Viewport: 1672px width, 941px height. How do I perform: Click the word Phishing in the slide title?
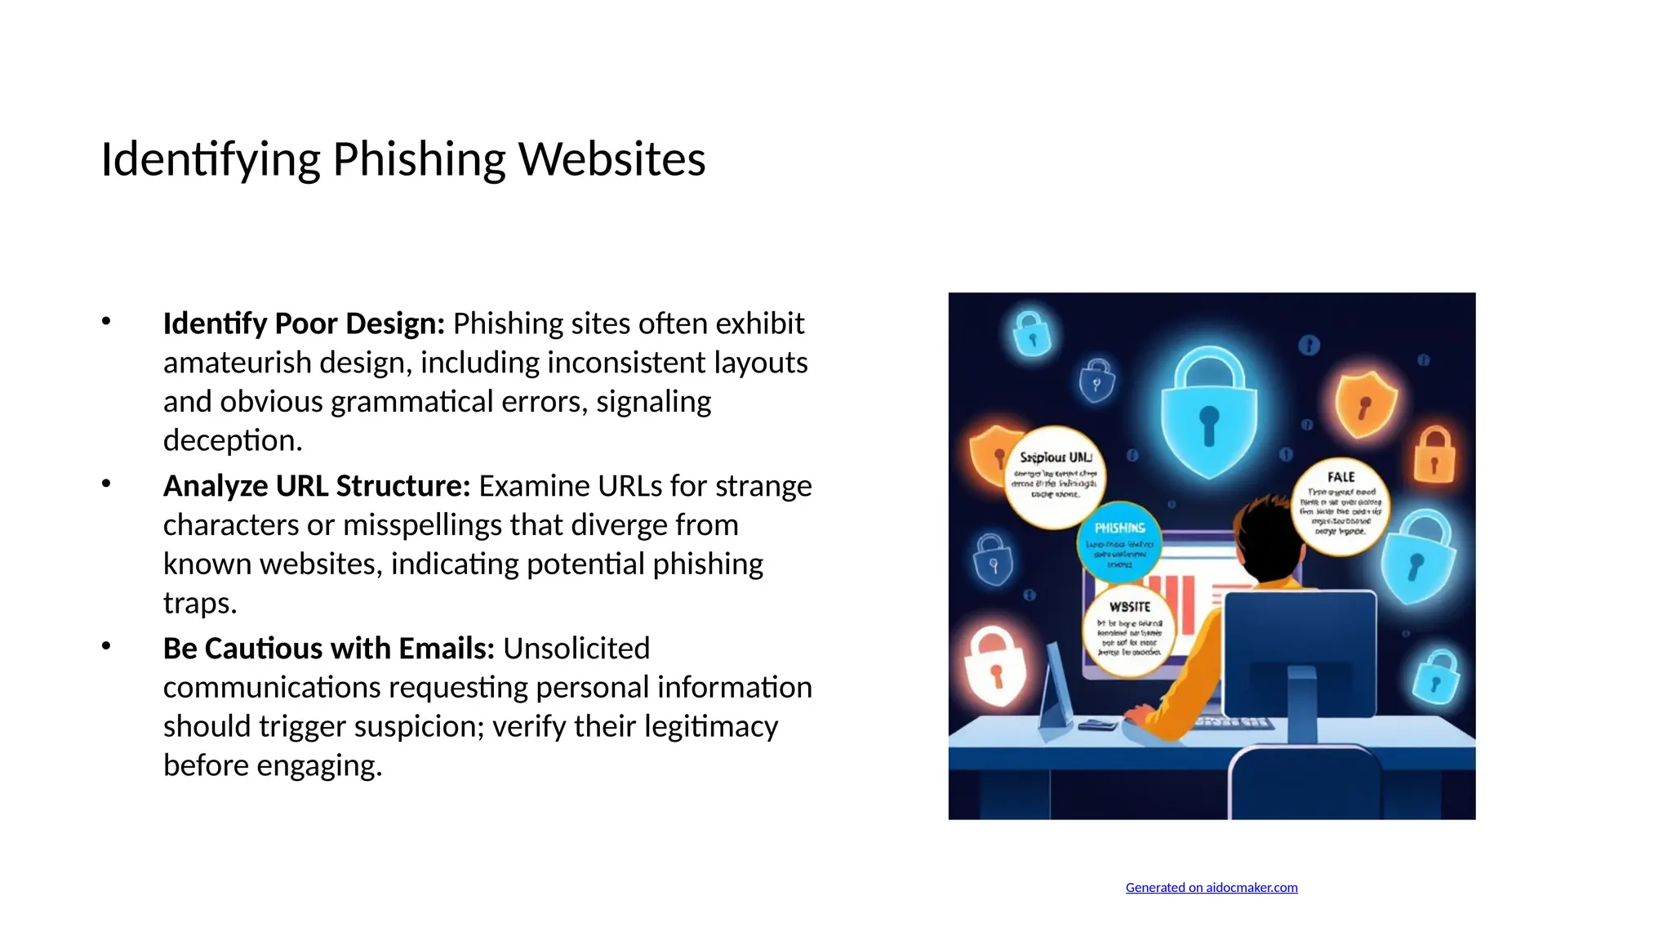[419, 159]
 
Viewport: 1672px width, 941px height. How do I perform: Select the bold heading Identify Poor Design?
[304, 324]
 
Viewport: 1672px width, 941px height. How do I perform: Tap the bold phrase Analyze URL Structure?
[317, 486]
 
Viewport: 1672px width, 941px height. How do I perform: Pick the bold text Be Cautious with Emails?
[329, 649]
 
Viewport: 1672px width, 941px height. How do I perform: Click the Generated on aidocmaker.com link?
[1211, 888]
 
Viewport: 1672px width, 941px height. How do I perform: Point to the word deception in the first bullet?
[233, 441]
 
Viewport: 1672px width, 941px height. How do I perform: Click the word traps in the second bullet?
[199, 604]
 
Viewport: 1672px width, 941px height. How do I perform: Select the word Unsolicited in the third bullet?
[576, 649]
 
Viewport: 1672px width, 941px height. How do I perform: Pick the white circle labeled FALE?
[1341, 506]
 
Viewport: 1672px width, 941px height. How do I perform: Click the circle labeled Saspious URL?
[1055, 477]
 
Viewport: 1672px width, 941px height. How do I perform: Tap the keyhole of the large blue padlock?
[1209, 425]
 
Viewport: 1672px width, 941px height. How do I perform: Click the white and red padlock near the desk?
[995, 666]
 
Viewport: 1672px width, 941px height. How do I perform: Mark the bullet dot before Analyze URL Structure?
[106, 484]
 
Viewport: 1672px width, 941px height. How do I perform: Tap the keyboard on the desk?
[1234, 723]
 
